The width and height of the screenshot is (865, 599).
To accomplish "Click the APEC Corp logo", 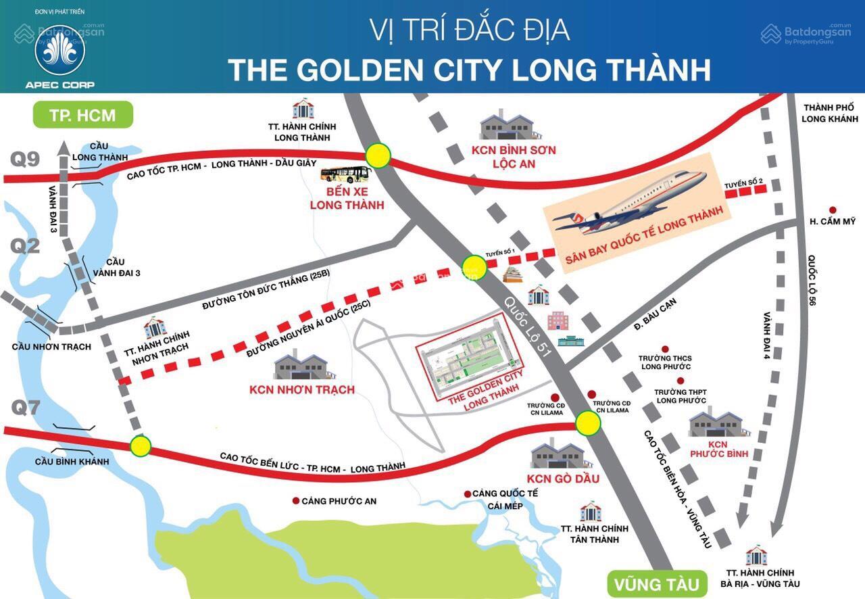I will pos(59,51).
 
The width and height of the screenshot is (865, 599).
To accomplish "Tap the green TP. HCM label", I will pos(82,114).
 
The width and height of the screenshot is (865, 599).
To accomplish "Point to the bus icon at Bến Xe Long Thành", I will pos(346,175).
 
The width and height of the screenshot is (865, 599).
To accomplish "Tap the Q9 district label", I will pos(25,159).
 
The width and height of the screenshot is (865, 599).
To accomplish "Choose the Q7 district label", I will pos(25,408).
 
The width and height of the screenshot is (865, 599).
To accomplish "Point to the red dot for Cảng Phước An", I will pos(295,501).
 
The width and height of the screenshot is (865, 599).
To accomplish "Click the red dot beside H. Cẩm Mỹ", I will pos(833,210).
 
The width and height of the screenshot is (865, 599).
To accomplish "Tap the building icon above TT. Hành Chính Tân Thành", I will pos(590,511).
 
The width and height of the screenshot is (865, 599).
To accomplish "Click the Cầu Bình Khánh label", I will pos(72,461).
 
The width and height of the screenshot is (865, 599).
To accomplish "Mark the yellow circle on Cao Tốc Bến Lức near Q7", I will pos(141,446).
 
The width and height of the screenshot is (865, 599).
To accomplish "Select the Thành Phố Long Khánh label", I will pos(828,114).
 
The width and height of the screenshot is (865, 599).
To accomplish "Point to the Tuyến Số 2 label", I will pos(744,183).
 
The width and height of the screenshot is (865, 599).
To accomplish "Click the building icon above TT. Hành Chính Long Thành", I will pos(303,108).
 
